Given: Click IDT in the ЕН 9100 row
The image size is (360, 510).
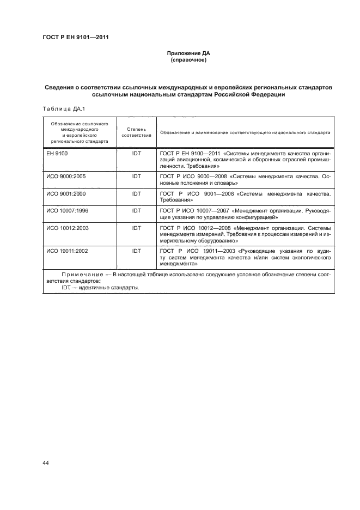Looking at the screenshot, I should click(136, 154).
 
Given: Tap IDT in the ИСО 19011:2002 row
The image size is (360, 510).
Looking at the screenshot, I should click(136, 251).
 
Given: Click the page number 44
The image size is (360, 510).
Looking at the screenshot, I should click(46, 463).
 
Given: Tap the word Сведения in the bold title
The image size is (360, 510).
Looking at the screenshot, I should click(61, 87).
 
